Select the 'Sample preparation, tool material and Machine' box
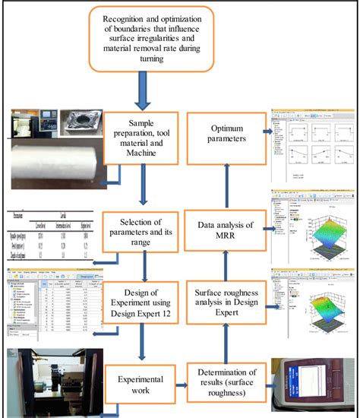[142, 138]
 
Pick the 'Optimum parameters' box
[226, 138]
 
